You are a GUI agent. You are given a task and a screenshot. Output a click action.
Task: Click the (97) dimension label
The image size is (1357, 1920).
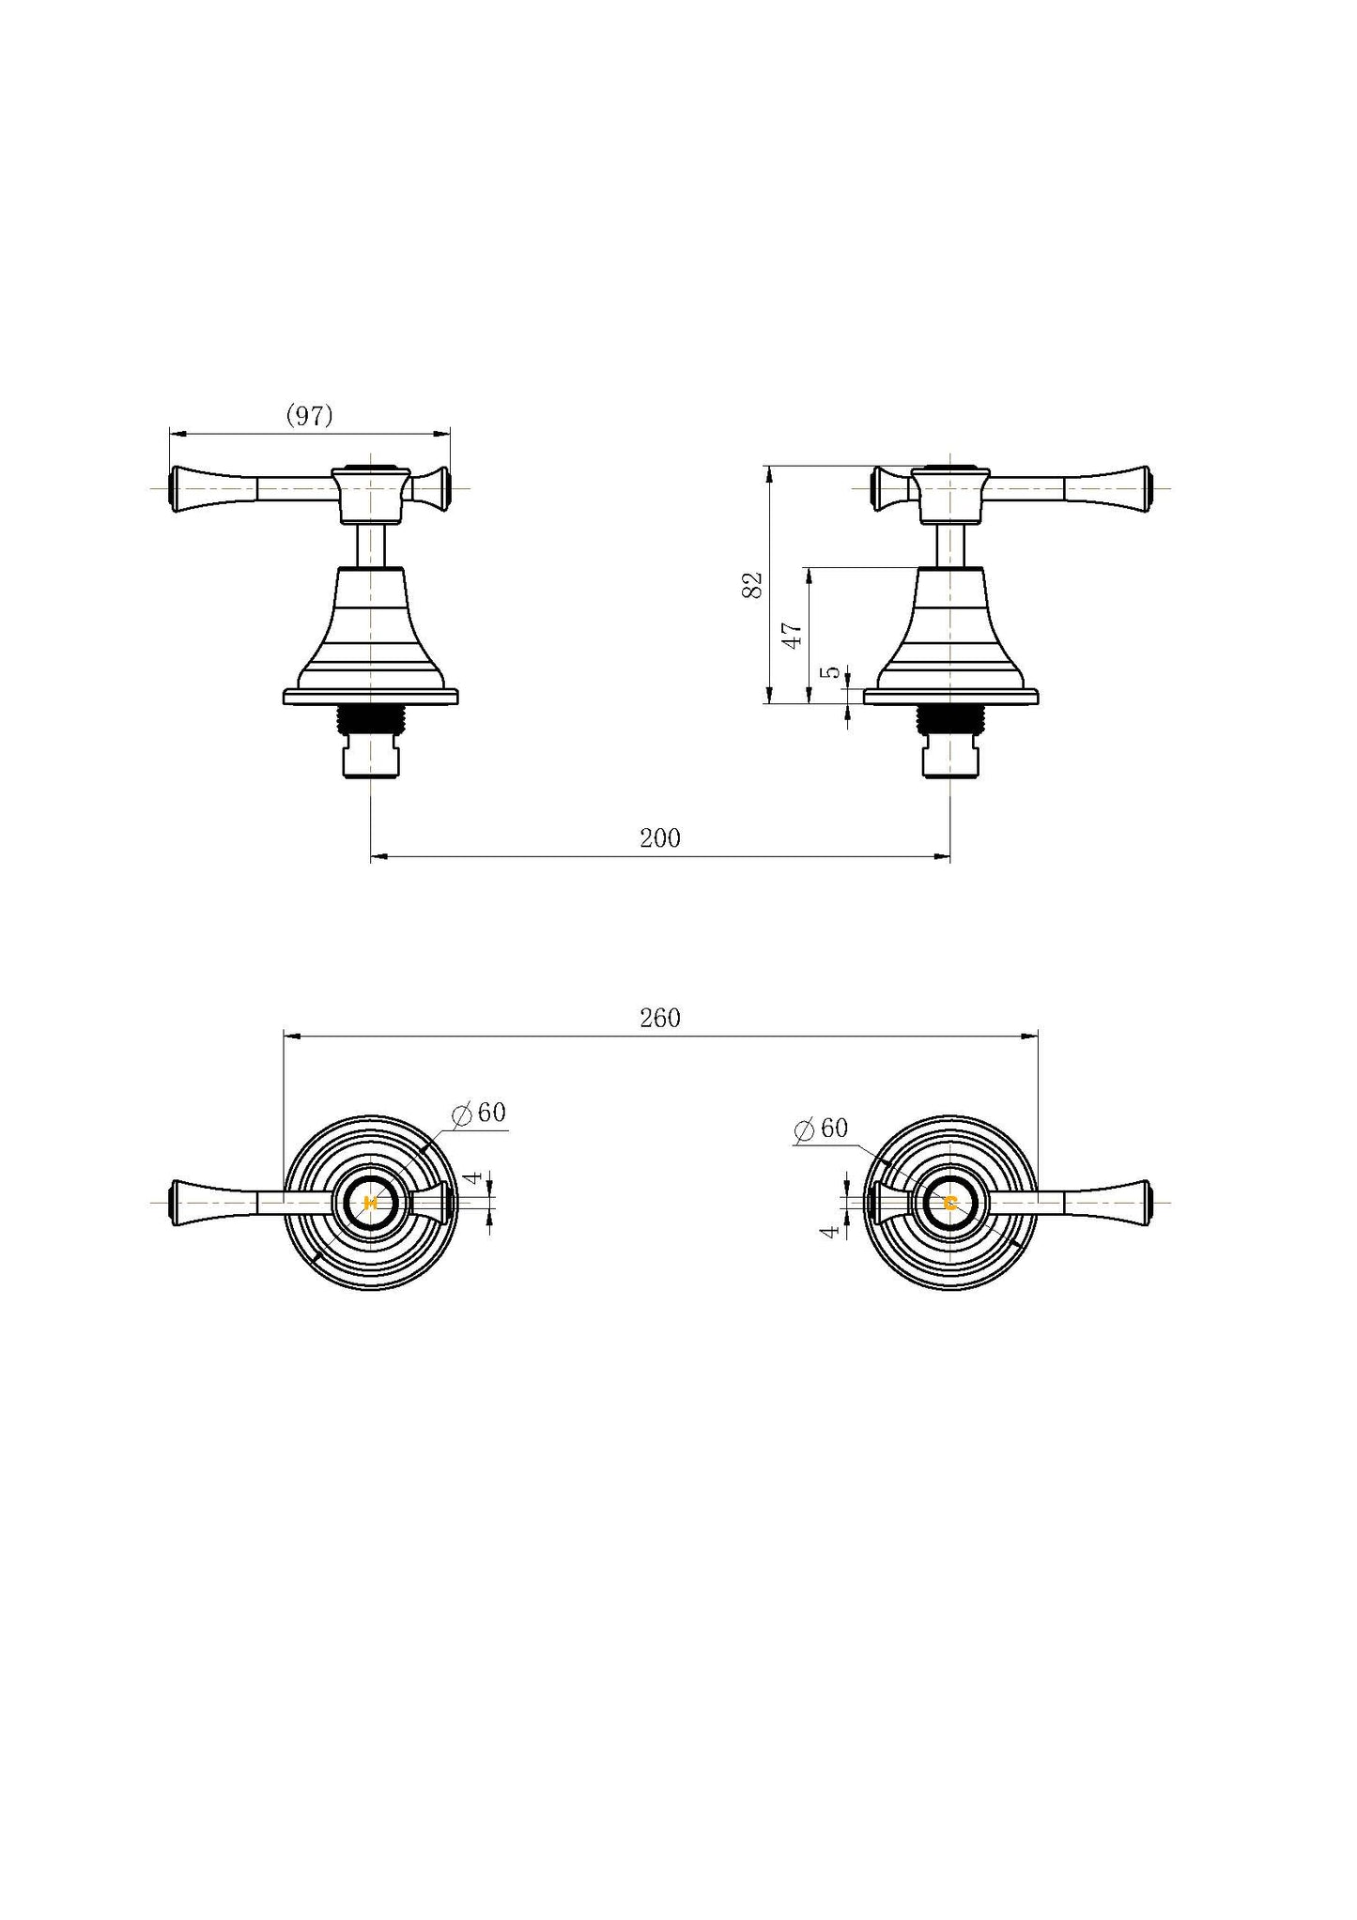pos(309,416)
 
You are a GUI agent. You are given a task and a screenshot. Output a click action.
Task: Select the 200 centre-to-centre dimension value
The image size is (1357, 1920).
pos(660,837)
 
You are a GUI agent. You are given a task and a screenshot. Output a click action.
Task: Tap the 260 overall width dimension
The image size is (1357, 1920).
pos(660,1018)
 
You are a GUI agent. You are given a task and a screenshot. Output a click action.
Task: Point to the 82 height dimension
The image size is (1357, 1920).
pos(752,585)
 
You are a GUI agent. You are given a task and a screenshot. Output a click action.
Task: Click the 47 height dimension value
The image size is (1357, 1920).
pos(793,635)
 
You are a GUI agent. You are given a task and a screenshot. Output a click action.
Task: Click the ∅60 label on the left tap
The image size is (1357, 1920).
pos(479,1114)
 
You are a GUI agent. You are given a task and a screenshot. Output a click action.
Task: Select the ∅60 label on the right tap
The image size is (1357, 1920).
pos(821,1129)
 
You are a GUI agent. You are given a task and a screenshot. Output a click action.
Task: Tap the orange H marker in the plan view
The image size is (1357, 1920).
pos(369,1203)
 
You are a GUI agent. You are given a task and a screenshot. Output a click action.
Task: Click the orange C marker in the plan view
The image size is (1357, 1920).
pos(950,1203)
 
